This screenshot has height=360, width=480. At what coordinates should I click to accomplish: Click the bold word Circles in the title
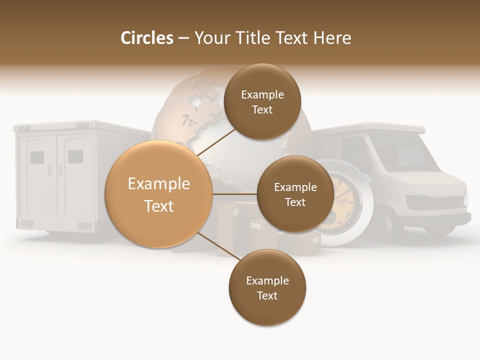[x=146, y=38]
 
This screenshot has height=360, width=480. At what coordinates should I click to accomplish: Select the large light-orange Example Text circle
[x=159, y=194]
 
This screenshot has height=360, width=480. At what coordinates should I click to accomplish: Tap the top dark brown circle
[x=262, y=102]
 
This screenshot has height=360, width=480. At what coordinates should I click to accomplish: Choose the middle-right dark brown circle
[x=295, y=194]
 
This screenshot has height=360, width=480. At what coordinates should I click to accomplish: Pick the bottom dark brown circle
[x=267, y=288]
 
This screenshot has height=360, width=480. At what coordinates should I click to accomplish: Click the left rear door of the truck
[x=39, y=175]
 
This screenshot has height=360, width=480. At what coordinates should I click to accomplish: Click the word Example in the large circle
[x=159, y=184]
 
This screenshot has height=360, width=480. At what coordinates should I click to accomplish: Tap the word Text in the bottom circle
[x=267, y=295]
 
